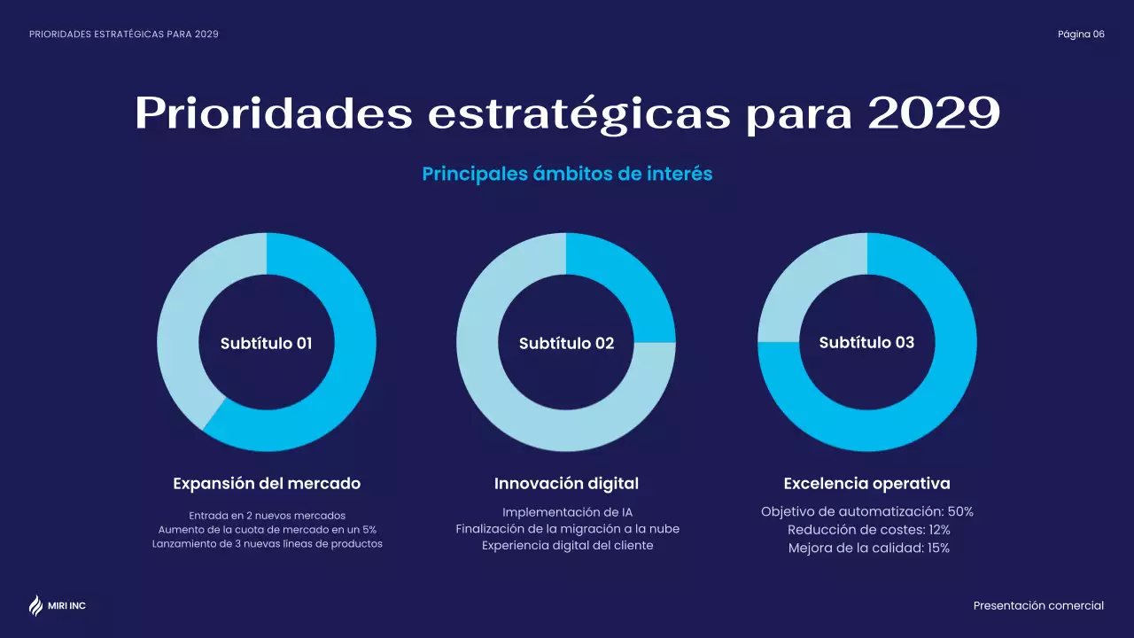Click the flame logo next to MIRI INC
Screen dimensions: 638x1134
(35, 605)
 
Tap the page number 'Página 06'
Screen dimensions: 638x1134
(1081, 35)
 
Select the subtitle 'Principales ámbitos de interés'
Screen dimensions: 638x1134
(567, 174)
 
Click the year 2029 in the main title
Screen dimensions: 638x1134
(934, 113)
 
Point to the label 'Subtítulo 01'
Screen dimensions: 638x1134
(266, 343)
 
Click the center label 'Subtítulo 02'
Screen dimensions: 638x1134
(566, 343)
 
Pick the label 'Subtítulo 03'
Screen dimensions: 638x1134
(866, 342)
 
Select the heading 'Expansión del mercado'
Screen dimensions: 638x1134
(267, 484)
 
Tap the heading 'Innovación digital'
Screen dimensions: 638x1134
(566, 484)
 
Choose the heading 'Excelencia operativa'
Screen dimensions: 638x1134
(866, 484)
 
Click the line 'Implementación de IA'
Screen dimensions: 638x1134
(567, 512)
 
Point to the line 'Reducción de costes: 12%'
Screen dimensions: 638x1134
(868, 530)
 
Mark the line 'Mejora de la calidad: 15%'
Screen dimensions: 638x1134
(868, 548)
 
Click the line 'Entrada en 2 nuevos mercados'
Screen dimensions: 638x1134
(267, 515)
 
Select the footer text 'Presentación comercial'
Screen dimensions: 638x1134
(1038, 606)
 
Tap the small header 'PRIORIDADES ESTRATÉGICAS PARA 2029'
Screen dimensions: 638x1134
(124, 35)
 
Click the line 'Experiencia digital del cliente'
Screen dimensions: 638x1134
(567, 546)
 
